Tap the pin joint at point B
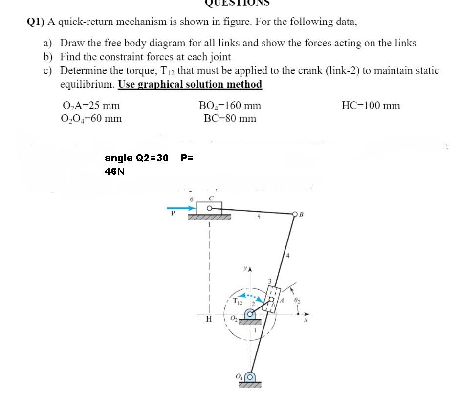coord(294,214)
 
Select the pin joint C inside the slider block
coord(210,208)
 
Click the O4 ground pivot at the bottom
coord(250,377)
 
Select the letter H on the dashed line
coord(209,319)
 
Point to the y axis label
coord(245,268)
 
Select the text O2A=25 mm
coord(91,106)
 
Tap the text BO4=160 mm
coord(230,106)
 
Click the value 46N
coord(114,171)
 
